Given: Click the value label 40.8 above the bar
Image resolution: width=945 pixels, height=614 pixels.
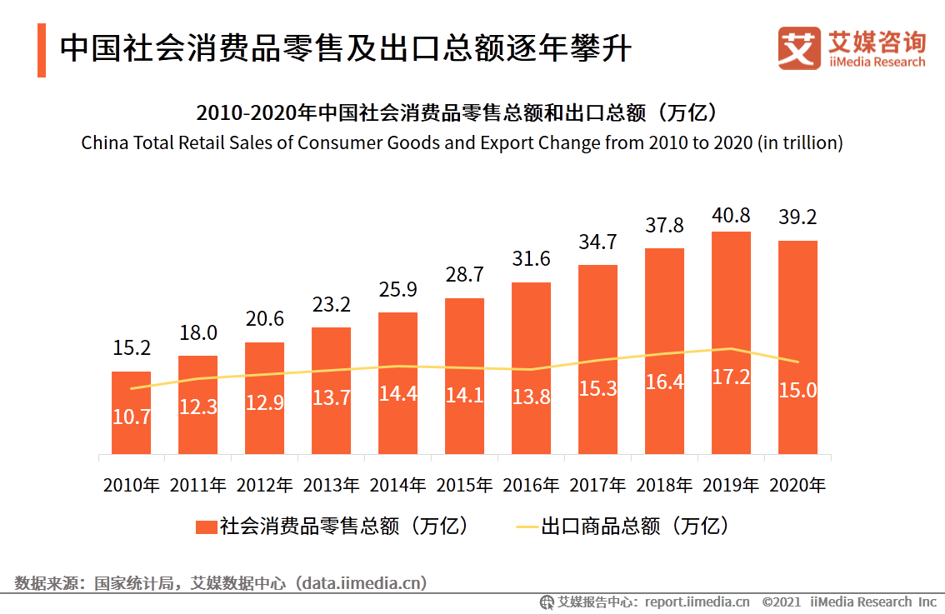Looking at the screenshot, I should (x=731, y=217).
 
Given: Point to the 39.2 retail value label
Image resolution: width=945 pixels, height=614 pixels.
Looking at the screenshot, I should (x=797, y=217).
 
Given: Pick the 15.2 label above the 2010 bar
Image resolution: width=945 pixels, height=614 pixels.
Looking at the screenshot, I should (x=132, y=348).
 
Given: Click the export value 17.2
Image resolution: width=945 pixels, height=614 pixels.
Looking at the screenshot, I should (x=731, y=377).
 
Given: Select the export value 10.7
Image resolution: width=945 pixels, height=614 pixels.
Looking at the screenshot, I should (x=132, y=417).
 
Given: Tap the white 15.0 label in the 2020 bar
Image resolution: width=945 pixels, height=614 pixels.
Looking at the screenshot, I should (x=797, y=390).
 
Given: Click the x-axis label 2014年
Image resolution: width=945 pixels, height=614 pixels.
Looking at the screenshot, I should (x=397, y=485).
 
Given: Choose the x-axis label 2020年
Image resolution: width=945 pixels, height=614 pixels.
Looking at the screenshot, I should (x=797, y=485).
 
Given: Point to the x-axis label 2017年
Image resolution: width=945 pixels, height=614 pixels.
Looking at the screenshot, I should (x=597, y=485).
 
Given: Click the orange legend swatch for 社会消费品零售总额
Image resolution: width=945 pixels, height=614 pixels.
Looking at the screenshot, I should (x=207, y=527).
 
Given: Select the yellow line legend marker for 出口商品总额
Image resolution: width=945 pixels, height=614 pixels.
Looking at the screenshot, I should (x=527, y=527).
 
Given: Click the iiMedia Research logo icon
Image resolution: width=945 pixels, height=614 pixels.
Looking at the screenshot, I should (x=798, y=49).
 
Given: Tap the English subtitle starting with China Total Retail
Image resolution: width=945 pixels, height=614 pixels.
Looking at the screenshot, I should (x=462, y=142).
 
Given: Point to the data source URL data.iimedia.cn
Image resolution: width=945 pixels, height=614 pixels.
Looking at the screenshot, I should (x=363, y=582).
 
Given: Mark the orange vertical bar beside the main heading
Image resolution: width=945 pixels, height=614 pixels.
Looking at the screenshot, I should (x=42, y=50).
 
